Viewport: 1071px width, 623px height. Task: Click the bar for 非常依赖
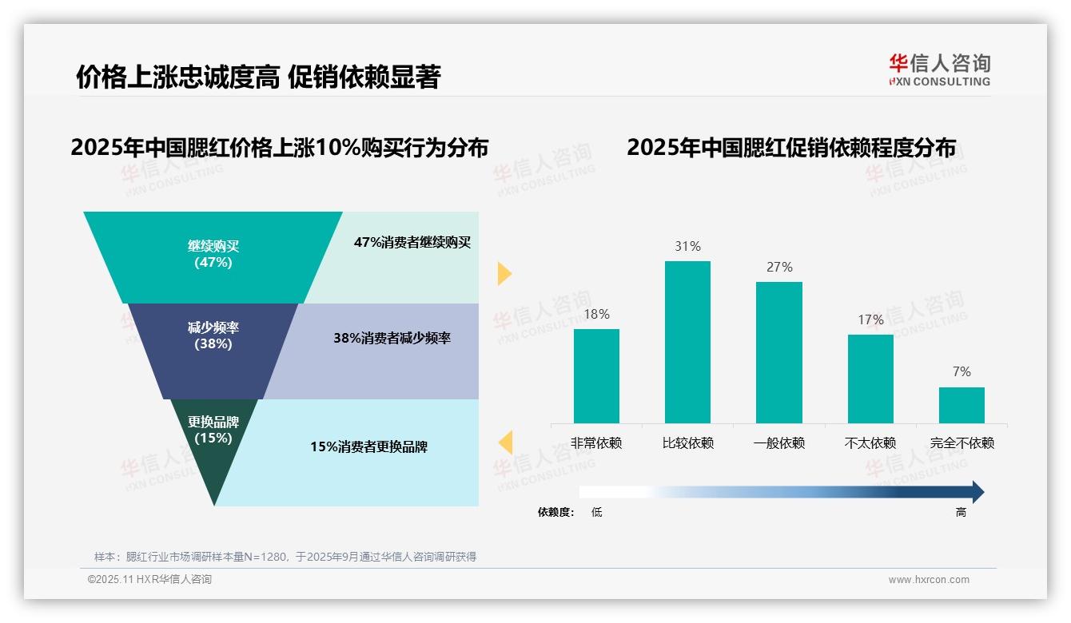(x=596, y=375)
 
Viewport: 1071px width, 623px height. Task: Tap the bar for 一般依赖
(x=778, y=352)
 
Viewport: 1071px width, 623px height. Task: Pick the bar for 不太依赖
(x=870, y=379)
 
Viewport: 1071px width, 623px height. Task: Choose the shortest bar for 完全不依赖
(x=962, y=405)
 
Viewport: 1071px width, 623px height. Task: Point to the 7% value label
(x=962, y=371)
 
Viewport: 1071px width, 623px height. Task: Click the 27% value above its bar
(x=779, y=267)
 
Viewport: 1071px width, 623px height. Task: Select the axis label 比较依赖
(x=687, y=443)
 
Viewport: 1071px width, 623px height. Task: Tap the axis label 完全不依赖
(x=962, y=443)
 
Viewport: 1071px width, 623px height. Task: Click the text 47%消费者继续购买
(x=412, y=242)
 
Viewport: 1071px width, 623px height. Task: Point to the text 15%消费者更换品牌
(x=368, y=446)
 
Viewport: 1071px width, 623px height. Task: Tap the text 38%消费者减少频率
(x=392, y=338)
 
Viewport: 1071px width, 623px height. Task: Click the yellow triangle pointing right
(x=504, y=273)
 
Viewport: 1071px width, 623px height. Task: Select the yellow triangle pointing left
(x=505, y=442)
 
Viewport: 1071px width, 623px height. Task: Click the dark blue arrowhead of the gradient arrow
(x=976, y=492)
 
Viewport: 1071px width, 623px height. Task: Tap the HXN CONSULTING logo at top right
(x=939, y=69)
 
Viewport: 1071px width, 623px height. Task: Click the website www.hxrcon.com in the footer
(x=929, y=580)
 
